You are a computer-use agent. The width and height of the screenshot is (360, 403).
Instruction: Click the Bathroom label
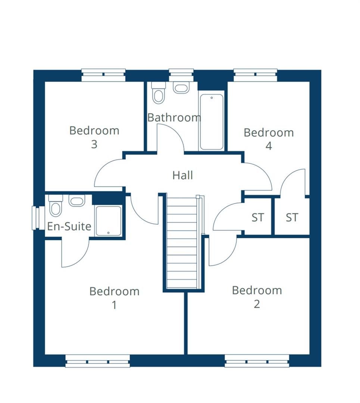174,118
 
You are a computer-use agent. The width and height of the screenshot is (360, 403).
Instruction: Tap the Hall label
182,175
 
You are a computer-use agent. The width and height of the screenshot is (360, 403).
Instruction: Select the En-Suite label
69,226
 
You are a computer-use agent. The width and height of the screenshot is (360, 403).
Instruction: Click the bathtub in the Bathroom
212,122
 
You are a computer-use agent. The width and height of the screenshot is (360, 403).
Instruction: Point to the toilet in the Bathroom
159,93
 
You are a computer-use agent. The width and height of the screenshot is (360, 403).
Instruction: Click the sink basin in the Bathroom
181,88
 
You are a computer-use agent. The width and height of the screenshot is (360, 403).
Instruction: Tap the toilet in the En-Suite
56,205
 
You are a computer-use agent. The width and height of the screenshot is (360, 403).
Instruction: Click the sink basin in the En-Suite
77,201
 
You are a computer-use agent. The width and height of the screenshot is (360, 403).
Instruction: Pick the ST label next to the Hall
257,218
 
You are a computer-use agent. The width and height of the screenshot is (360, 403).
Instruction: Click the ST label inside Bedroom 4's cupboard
292,218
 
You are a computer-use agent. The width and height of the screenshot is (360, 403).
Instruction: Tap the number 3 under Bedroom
94,144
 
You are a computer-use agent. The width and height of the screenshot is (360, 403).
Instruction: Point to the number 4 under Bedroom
268,146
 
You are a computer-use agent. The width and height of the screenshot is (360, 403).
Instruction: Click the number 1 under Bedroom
114,305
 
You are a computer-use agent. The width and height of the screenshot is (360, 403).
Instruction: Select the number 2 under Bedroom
257,304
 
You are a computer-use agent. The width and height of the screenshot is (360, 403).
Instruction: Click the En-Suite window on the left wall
36,218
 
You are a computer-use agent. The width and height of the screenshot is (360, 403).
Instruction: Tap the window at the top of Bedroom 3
103,75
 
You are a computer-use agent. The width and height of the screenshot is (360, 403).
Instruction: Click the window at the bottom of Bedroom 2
257,361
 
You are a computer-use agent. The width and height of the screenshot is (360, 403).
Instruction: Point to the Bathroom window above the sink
181,75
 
